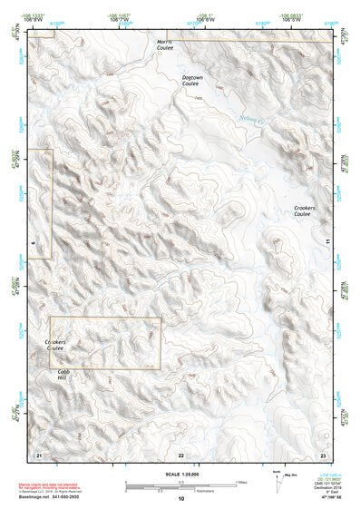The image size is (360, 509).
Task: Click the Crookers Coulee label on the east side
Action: pos(304,211)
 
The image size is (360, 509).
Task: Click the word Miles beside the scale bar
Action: pos(241,482)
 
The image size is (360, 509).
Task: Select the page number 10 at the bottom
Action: pos(180,499)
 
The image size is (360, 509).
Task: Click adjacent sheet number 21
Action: pos(38,454)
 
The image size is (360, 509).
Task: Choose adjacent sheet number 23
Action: pos(323,454)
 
